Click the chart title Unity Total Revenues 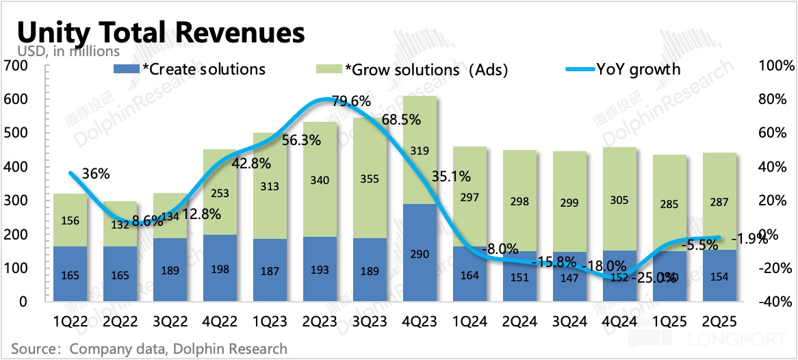pos(160,32)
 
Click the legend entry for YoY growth pos(623,69)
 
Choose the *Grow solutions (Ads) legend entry pos(411,69)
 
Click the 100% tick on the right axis pos(777,66)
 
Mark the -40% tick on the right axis pos(777,302)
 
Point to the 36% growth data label pos(95,174)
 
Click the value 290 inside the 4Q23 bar pos(420,255)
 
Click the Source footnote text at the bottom pos(149,349)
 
